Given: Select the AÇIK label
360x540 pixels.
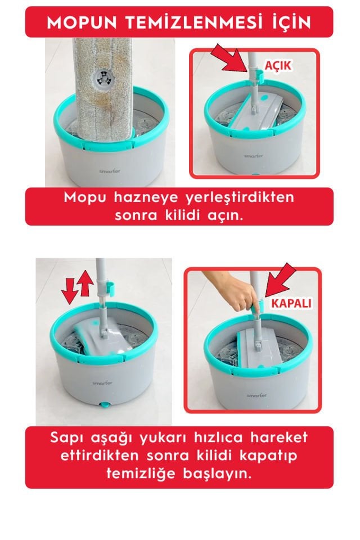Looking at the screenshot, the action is [x=278, y=65].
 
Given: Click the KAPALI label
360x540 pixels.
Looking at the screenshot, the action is [x=291, y=303].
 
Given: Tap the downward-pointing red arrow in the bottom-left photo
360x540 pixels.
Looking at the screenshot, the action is [x=68, y=291].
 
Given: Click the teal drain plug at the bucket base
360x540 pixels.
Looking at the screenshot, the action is [x=103, y=405].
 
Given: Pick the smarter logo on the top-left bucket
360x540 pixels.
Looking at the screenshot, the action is [x=110, y=171].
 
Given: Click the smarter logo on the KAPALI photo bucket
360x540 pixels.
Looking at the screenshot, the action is [x=256, y=395].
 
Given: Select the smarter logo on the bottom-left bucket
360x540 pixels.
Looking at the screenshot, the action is [x=102, y=383].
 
